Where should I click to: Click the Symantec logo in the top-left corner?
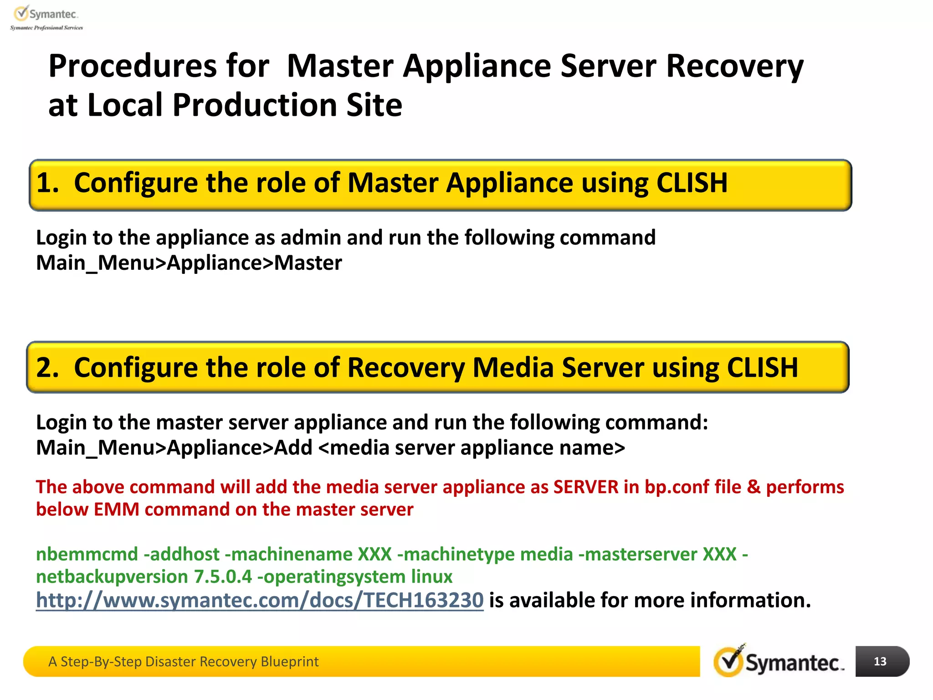(46, 17)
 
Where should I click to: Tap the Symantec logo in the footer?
(779, 662)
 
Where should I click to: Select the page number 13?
(880, 661)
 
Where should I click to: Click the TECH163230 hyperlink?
(260, 600)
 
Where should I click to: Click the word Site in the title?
(374, 105)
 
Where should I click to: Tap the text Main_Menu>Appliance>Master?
(189, 263)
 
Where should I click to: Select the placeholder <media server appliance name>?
(472, 448)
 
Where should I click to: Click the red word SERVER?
(586, 487)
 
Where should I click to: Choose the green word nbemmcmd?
(87, 555)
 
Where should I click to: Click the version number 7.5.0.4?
(223, 577)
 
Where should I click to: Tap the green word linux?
(431, 577)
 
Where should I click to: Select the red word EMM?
(116, 510)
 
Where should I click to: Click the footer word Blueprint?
(289, 662)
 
